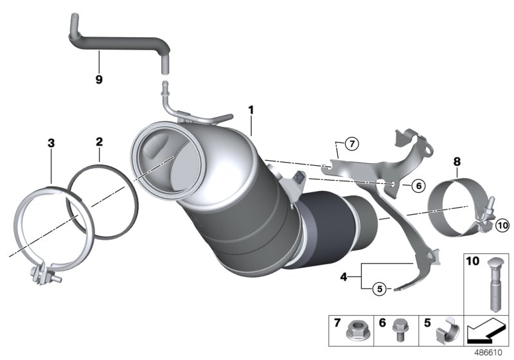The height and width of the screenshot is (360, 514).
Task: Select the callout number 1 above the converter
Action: click(x=251, y=110)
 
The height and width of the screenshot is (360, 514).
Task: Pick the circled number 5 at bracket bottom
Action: click(x=380, y=289)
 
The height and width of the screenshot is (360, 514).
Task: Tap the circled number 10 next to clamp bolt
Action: click(x=502, y=225)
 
